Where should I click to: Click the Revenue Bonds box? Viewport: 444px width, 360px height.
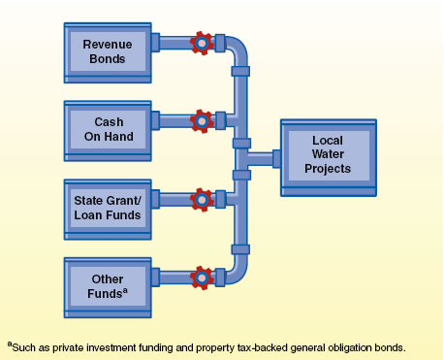[x=108, y=50]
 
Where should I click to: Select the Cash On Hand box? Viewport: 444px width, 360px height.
[x=108, y=129]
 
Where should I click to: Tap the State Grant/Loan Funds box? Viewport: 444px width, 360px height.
[x=108, y=206]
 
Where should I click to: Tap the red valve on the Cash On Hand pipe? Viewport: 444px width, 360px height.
[x=202, y=120]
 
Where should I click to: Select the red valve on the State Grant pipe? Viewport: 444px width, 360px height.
[x=202, y=199]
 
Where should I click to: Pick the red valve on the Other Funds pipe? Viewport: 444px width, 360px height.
[x=202, y=277]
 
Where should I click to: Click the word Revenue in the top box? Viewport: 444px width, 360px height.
[x=108, y=44]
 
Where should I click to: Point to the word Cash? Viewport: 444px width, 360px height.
[x=108, y=122]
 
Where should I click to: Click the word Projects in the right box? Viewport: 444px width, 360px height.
[x=328, y=171]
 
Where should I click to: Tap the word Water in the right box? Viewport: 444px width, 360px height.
[x=328, y=156]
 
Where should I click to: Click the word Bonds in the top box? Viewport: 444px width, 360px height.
[x=108, y=58]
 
